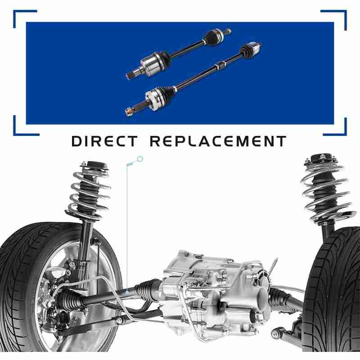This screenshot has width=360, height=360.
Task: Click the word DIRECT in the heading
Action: tap(105, 141)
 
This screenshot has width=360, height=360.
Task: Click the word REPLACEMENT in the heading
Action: tap(218, 141)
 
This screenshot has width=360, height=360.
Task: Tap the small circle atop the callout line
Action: tap(140, 159)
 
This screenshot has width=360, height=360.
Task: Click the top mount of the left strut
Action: tap(94, 166)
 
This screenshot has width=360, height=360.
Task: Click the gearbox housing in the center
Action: tap(216, 296)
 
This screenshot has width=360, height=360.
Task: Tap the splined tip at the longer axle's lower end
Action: tap(129, 112)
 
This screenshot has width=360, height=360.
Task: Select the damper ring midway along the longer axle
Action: tap(219, 66)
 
